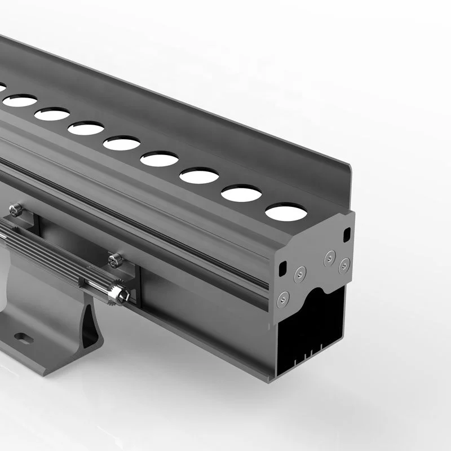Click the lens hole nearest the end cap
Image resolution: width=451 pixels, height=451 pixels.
[x=286, y=213]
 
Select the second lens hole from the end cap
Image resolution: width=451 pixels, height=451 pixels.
[x=241, y=193]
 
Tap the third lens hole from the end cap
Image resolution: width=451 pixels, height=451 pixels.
[x=199, y=175]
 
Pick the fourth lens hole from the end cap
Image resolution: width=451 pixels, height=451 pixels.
[x=160, y=159]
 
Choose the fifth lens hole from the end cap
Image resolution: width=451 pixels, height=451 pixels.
[x=122, y=143]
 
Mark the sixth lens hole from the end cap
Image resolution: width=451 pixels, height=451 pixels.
[x=86, y=129]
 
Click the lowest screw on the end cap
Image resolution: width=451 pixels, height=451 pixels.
[x=281, y=298]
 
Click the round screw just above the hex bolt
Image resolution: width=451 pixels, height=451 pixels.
[x=116, y=259]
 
